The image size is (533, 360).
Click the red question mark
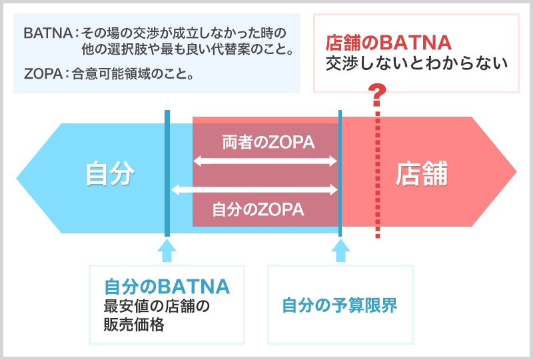point(377,95)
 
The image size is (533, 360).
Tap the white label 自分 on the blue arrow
point(110,173)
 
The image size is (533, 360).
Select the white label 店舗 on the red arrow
point(422,173)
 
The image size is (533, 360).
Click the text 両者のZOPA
point(268,142)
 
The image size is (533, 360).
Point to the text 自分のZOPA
point(258,209)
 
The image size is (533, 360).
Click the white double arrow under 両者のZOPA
point(265,161)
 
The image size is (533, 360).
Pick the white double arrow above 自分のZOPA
point(255,189)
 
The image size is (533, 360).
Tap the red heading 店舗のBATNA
point(388,43)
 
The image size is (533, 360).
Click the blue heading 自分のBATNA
point(167,287)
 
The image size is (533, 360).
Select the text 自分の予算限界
point(340,305)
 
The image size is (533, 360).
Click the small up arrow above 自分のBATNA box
point(167,251)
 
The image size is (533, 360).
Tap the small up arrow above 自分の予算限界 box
point(340,251)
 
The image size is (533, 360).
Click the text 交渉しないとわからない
point(417,63)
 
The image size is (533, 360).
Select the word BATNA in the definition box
point(48,33)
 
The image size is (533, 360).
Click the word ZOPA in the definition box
point(43,73)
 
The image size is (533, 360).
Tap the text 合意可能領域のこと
point(129,73)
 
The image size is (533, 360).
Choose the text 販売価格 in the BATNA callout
point(134,324)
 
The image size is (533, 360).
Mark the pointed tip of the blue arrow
point(17,178)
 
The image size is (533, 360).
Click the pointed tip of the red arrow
point(516,171)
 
